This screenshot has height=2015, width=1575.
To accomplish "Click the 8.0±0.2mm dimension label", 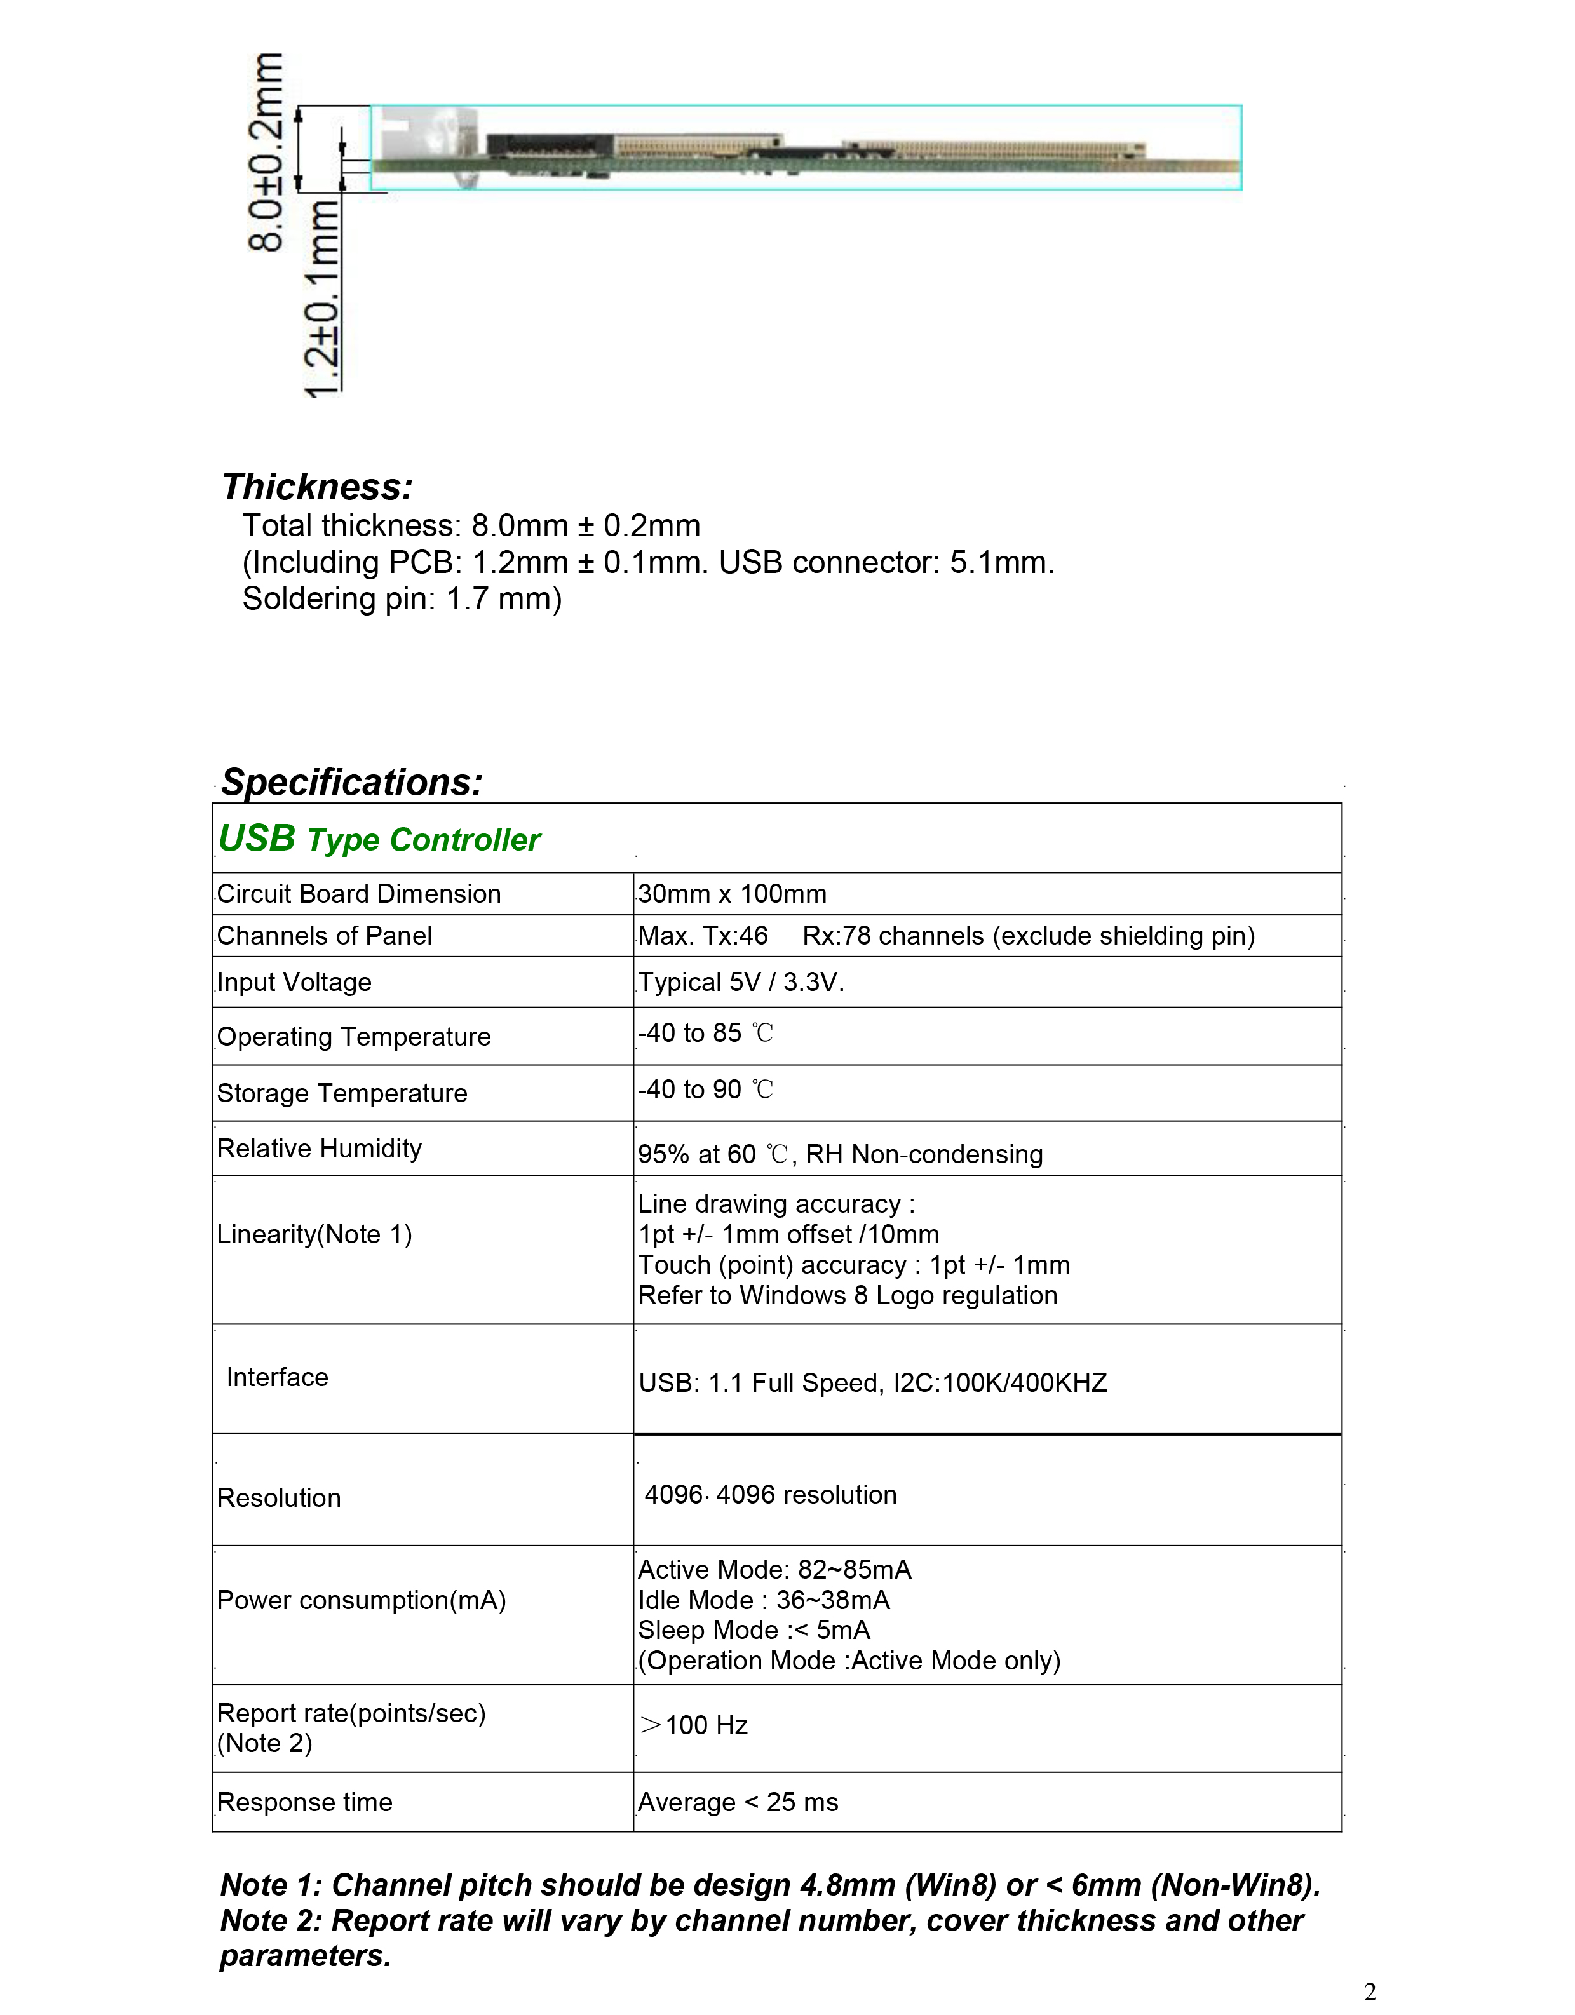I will coord(267,152).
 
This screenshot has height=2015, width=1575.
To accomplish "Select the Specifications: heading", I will coord(351,783).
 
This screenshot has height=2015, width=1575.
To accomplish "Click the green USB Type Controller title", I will coord(379,839).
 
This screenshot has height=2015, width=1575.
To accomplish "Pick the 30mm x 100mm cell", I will coord(732,894).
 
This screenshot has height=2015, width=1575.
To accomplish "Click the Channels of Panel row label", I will coord(324,936).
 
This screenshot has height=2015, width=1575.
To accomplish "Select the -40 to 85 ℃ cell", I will coord(706,1034).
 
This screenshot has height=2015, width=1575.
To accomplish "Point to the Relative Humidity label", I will coord(319,1149).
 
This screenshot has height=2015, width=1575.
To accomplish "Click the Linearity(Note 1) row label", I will coord(314,1234).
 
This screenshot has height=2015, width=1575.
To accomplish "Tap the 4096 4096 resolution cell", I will coord(771,1495).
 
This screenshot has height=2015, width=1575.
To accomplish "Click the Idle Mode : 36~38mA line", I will coord(764,1600).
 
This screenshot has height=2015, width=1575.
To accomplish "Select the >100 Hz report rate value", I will coord(694,1725).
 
